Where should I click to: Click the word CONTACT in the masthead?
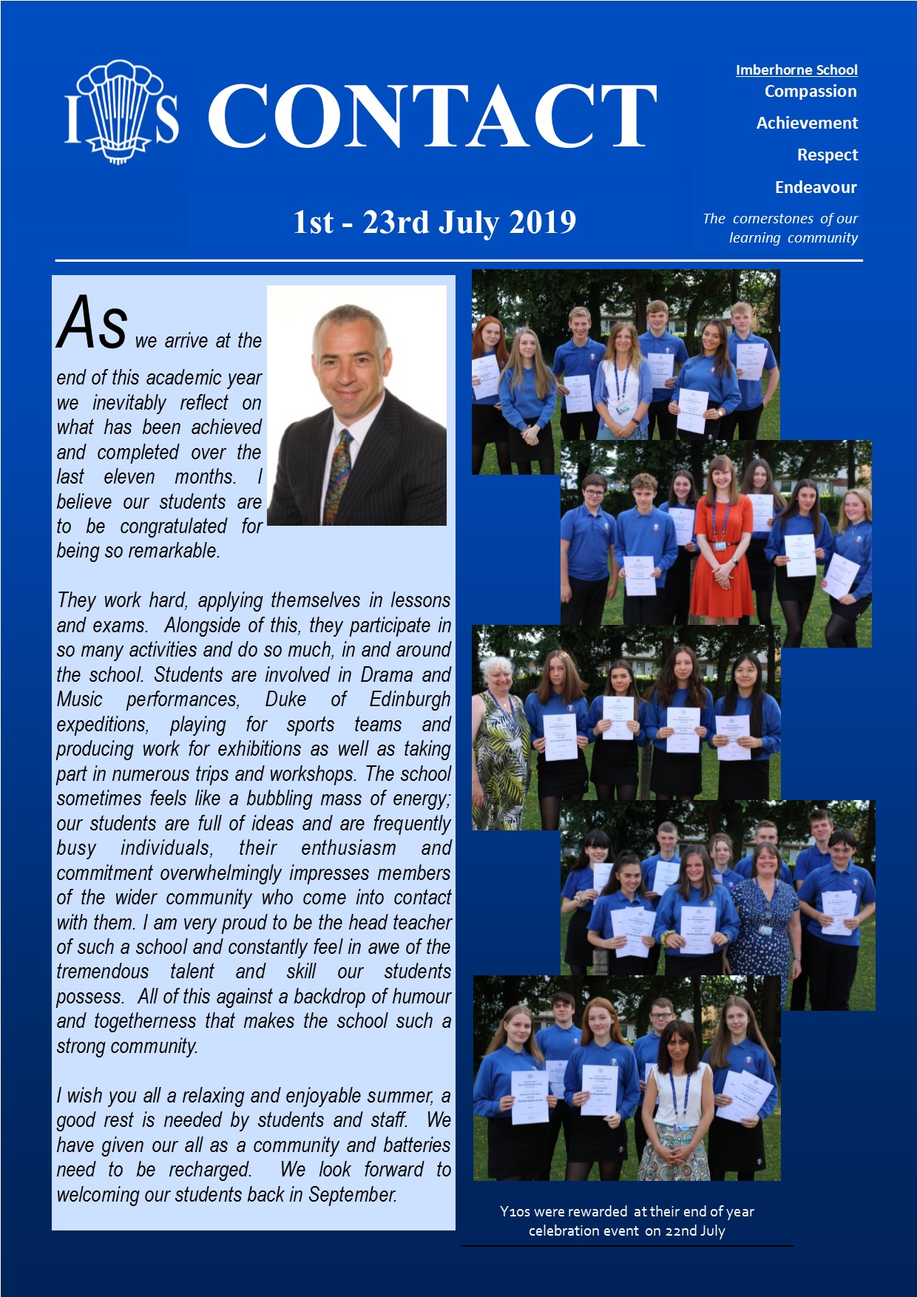pos(432,116)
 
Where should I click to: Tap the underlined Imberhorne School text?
pos(796,70)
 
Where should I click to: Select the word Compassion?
pos(811,92)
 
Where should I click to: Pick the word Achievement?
pos(807,123)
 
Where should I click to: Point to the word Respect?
pos(828,155)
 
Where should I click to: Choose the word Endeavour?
pos(816,188)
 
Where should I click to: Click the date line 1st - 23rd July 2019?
pos(434,223)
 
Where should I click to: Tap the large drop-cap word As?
pos(92,323)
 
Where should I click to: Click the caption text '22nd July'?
pos(694,1231)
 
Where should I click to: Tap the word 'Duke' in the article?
pos(285,700)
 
